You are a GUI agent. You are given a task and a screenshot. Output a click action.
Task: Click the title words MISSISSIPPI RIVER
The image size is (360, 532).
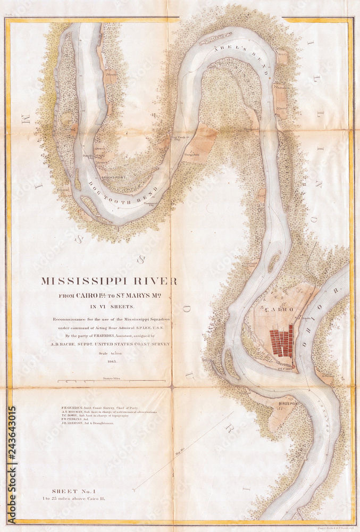click(109, 281)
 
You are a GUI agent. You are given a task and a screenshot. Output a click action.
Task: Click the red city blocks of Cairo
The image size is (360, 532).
click(282, 340)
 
